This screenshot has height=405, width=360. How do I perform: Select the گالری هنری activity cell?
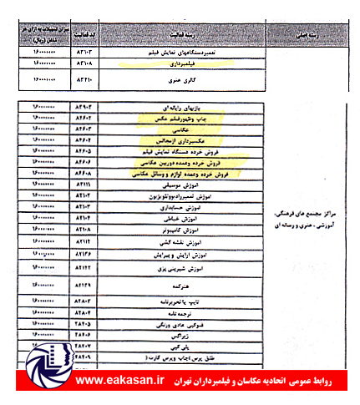(x=171, y=82)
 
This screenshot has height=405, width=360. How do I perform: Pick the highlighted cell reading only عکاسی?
(x=172, y=131)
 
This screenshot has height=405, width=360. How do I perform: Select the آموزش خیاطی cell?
(x=172, y=221)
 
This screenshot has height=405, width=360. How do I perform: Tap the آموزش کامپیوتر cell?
(x=172, y=231)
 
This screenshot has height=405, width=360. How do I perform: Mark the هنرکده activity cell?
(x=172, y=285)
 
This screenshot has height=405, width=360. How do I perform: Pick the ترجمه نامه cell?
(x=172, y=311)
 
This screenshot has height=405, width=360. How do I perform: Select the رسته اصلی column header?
(x=306, y=35)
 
